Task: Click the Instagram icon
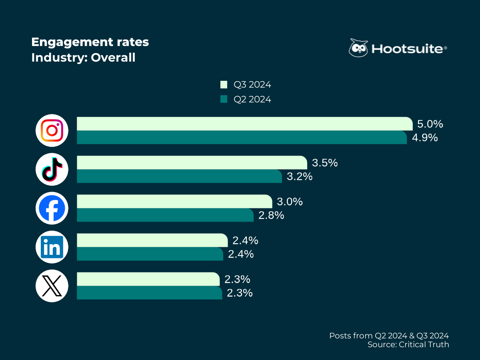pyautogui.click(x=52, y=130)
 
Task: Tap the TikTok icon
pyautogui.click(x=52, y=169)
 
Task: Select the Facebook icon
pyautogui.click(x=52, y=208)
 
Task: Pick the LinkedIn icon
pyautogui.click(x=52, y=247)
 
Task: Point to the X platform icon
pyautogui.click(x=52, y=286)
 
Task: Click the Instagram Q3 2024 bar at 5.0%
pyautogui.click(x=244, y=124)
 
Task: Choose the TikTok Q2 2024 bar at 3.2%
pyautogui.click(x=179, y=176)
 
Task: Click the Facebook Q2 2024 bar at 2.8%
pyautogui.click(x=165, y=215)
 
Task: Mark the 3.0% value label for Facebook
pyautogui.click(x=290, y=202)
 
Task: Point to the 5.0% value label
pyautogui.click(x=430, y=124)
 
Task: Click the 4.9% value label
pyautogui.click(x=425, y=138)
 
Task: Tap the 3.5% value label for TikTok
pyautogui.click(x=325, y=163)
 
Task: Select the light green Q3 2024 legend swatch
pyautogui.click(x=224, y=85)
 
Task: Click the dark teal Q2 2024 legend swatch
pyautogui.click(x=224, y=99)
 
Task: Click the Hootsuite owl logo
pyautogui.click(x=358, y=48)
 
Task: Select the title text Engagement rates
pyautogui.click(x=90, y=42)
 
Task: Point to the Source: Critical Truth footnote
pyautogui.click(x=408, y=344)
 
